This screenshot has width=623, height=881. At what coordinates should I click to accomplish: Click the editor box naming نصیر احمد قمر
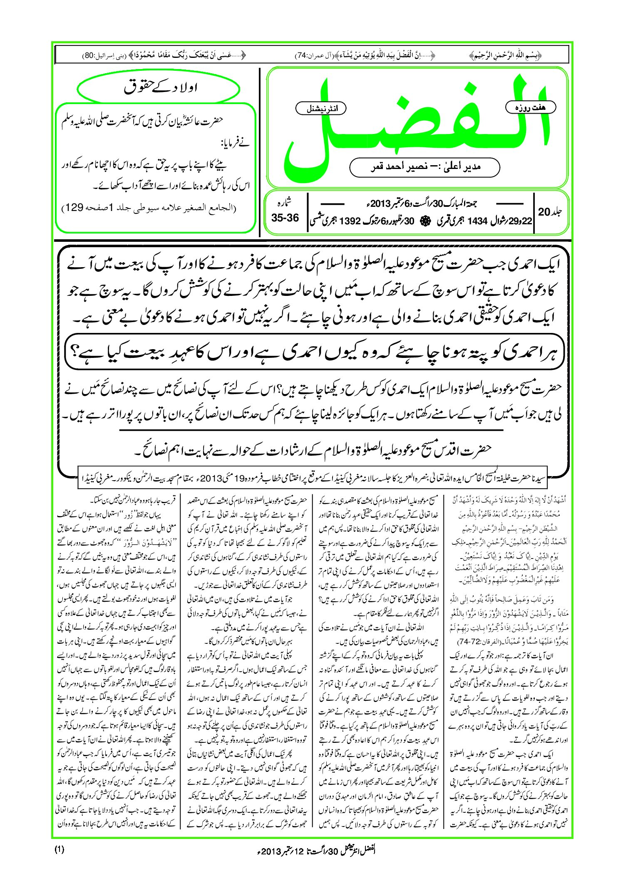[x=424, y=167]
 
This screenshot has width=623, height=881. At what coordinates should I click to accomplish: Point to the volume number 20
[x=544, y=212]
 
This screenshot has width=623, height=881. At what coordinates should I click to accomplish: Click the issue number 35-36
[x=285, y=218]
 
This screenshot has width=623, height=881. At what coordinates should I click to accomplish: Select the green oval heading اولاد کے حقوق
[x=159, y=89]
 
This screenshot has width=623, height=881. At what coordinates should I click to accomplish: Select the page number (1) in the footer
[x=59, y=850]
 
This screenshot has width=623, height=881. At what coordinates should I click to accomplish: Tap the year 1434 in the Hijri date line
[x=477, y=221]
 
